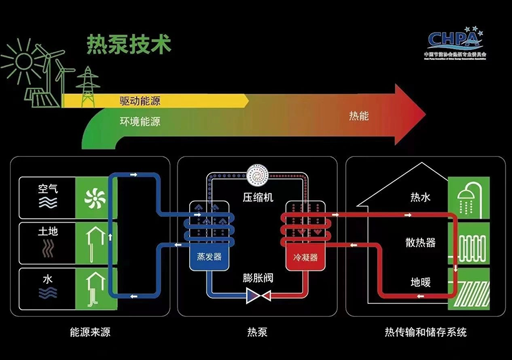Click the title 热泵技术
click(129, 45)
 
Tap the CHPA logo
click(454, 40)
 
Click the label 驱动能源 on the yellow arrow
click(140, 100)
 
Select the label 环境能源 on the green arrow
click(140, 121)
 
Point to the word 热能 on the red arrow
click(359, 116)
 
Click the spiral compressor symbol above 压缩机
click(257, 177)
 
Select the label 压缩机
click(258, 198)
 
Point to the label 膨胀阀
click(258, 277)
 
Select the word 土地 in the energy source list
click(47, 231)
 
